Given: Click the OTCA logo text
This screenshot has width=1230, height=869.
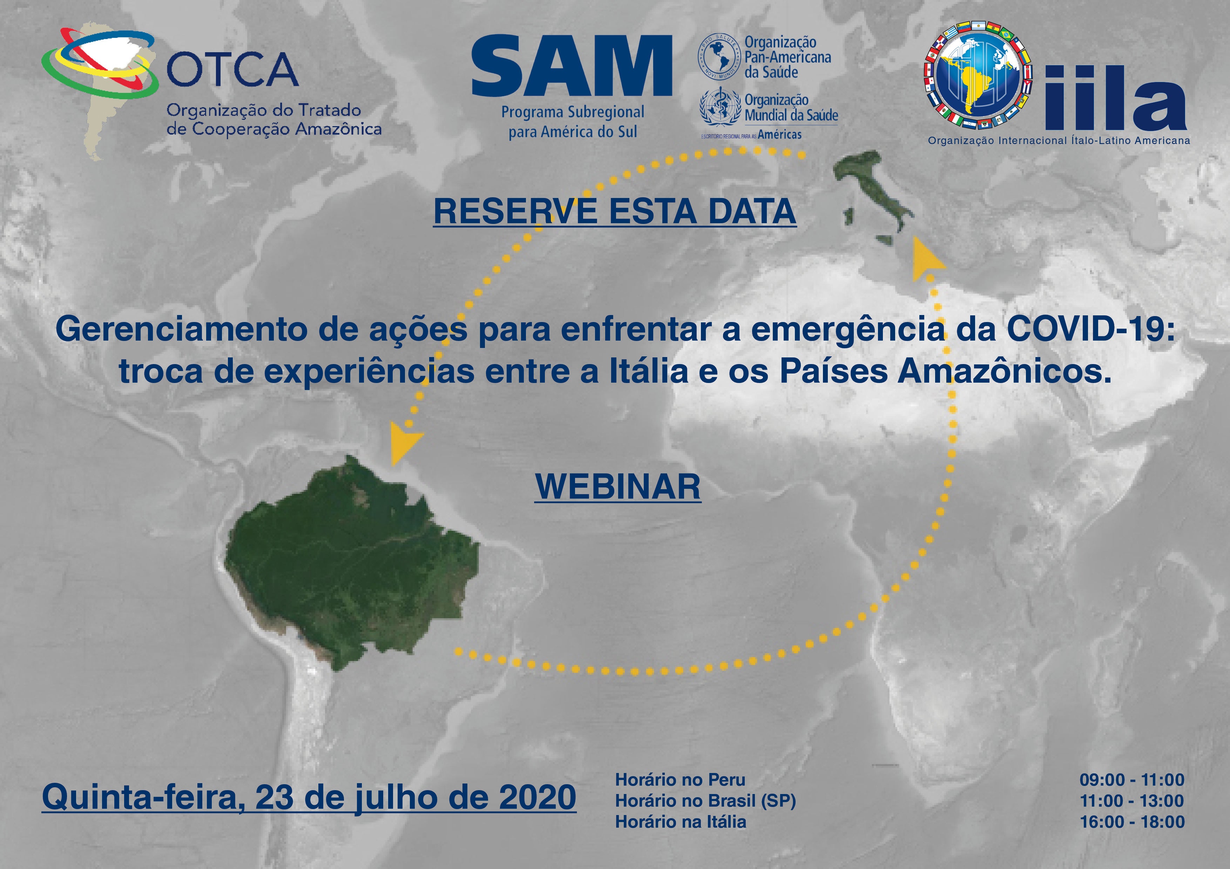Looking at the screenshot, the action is pos(232,70).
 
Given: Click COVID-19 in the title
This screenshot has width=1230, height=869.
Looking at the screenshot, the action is pos(1091,329).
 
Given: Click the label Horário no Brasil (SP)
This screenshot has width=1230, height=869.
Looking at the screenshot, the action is pos(705,801).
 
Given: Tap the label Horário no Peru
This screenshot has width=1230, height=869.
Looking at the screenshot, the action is pos(680,780).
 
